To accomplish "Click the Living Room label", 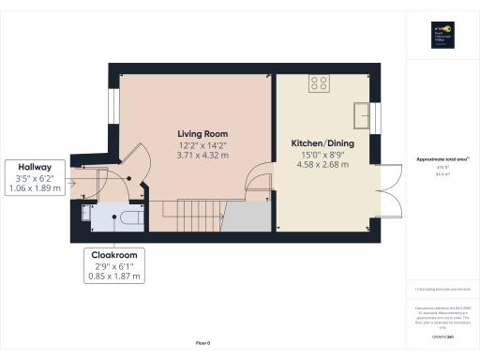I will point(203,134).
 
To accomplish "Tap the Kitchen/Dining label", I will point(314,143).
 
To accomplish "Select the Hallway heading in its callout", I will point(33,167).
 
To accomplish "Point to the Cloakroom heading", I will point(113,254).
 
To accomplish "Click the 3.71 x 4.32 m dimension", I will point(203,156).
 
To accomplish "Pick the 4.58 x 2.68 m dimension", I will point(314,165).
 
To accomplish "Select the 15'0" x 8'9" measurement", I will point(314,155).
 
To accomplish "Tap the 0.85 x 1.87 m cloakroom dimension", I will point(113,276).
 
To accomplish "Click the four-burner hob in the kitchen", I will point(319,82).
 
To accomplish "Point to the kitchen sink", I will point(363,115).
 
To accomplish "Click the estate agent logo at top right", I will point(439,34).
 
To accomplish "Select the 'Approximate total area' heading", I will point(439,160).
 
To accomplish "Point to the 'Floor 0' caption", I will point(202,344).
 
